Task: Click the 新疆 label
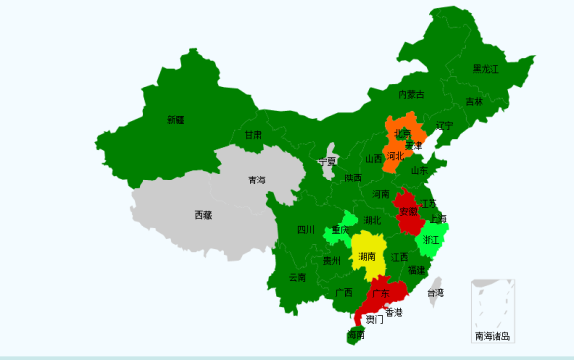[x=176, y=120]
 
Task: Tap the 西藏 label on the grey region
[x=203, y=215]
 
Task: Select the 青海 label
[x=257, y=180]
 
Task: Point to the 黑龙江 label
[x=486, y=69]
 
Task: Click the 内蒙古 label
[x=411, y=95]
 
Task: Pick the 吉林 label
[x=474, y=102]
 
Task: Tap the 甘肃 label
[x=253, y=135]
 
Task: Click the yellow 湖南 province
[x=367, y=254]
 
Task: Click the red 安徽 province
[x=408, y=213]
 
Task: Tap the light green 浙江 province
[x=431, y=240]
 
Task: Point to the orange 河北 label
[x=396, y=156]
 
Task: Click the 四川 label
[x=306, y=230]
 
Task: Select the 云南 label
[x=297, y=278]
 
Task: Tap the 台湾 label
[x=435, y=294]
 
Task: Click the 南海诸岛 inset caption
[x=492, y=336]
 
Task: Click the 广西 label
[x=344, y=293]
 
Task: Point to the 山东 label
[x=420, y=170]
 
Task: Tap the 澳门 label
[x=373, y=320]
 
